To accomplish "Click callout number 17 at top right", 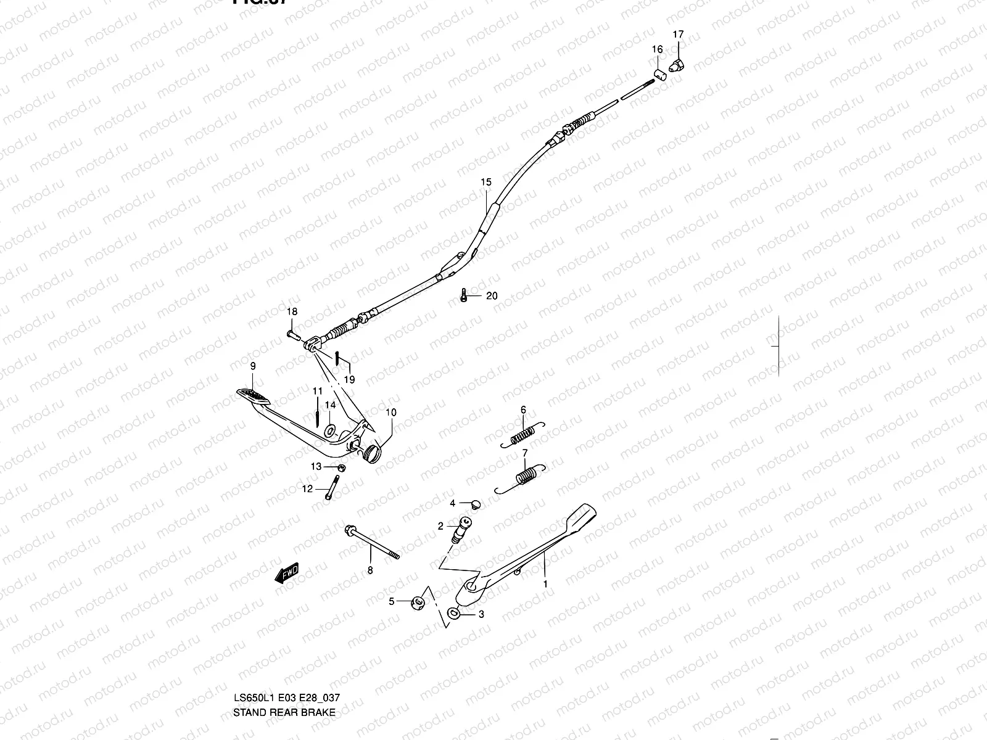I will pos(678,35).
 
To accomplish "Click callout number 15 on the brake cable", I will pos(486,182).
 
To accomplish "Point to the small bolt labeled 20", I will pos(463,296).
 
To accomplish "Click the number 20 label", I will pos(491,296).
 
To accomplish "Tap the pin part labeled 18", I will pos(292,335).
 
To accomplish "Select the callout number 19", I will pos(349,380).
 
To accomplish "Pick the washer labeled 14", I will pos(329,429).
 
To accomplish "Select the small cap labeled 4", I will pos(474,505).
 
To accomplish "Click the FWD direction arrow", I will pos(287,575).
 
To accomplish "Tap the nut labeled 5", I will pos(417,602).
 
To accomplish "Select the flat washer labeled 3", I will pos(454,613).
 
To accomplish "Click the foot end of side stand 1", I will pos(584,513).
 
